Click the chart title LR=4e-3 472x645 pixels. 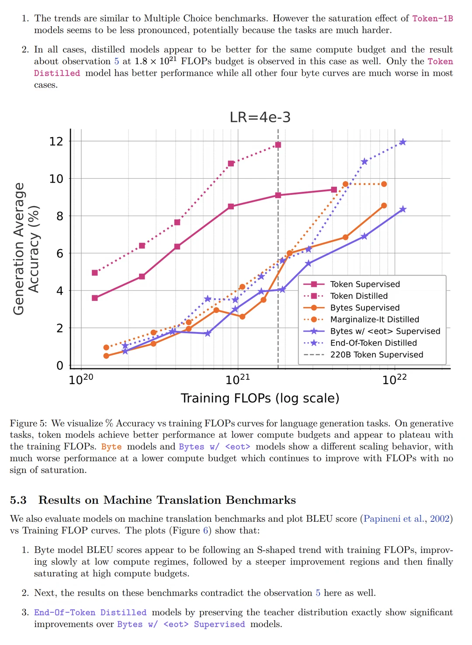pos(260,117)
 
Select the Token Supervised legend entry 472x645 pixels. pos(351,284)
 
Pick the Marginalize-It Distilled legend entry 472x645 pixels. pos(361,319)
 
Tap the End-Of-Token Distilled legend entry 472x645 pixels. pos(360,343)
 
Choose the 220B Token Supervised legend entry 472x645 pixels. pos(363,354)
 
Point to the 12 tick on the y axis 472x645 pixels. pos(56,141)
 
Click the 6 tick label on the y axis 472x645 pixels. pos(60,253)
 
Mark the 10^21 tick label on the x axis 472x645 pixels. pos(238,379)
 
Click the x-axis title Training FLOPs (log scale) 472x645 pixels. pos(260,398)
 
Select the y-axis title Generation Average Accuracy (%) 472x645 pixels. pos(26,249)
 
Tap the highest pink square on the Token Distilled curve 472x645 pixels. pos(278,145)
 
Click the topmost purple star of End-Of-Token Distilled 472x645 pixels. pos(403,142)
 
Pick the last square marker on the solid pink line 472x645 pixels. pos(334,190)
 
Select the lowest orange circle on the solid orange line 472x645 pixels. pos(106,356)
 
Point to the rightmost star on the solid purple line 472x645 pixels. pos(403,209)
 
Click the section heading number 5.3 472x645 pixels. pos(18,500)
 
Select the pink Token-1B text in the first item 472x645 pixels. pos(433,18)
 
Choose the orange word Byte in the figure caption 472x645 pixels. pos(111,447)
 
